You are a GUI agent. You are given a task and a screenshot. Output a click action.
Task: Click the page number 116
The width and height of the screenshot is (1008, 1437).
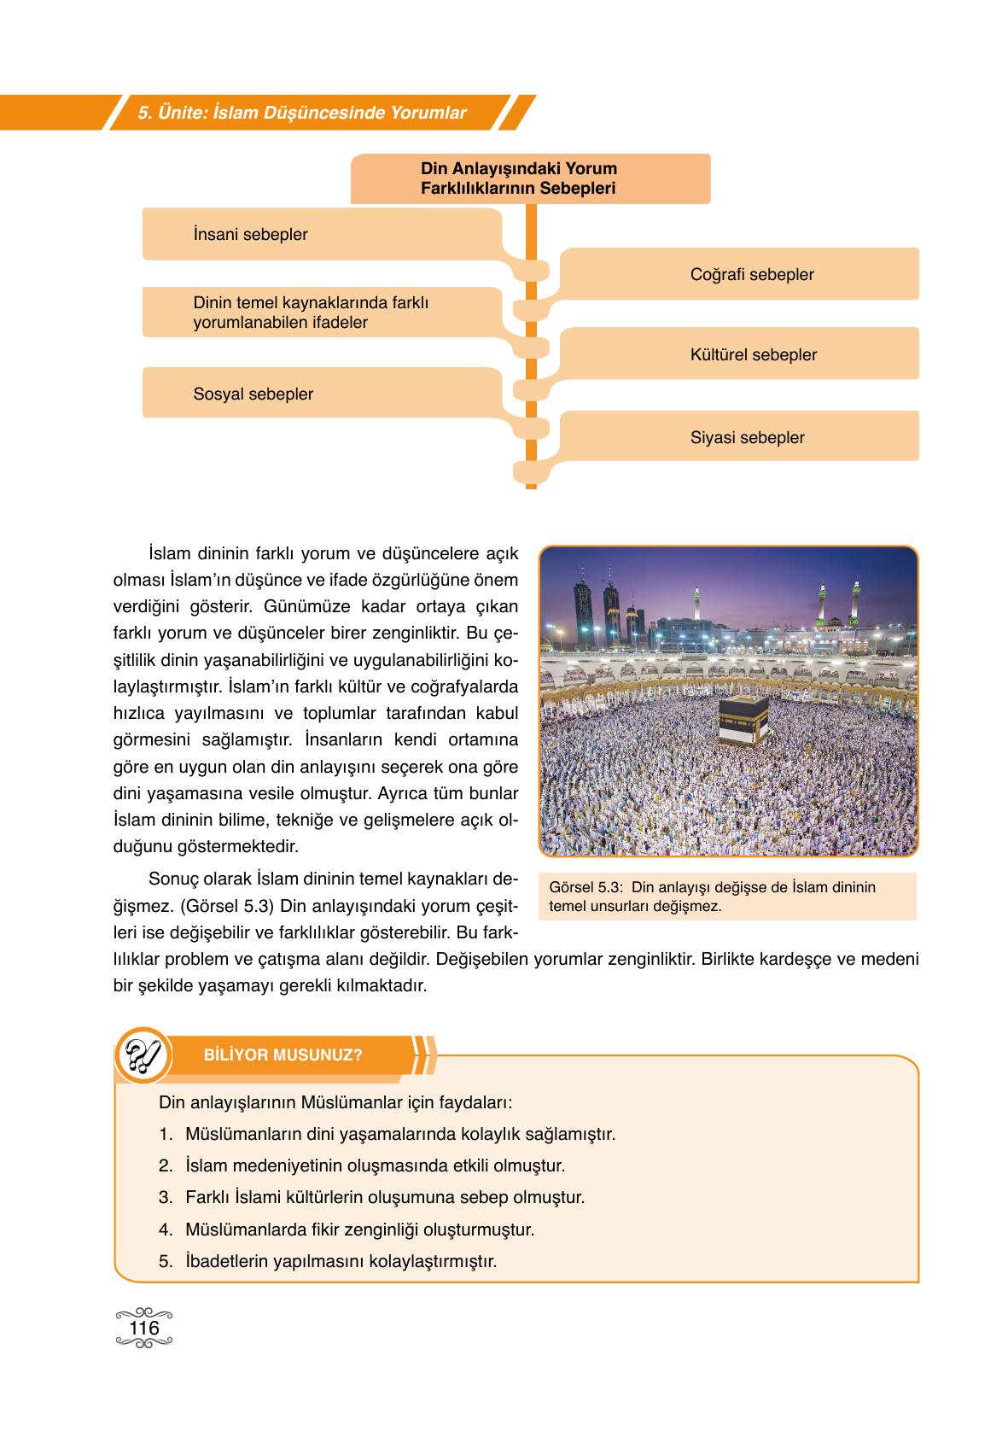(143, 1329)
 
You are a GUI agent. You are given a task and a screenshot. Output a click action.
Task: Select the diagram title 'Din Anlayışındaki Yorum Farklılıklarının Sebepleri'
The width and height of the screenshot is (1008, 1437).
(519, 178)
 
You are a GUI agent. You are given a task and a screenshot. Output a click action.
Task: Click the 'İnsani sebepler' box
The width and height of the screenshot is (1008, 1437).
(250, 234)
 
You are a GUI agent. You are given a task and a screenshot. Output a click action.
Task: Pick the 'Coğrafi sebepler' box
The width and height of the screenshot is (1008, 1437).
(751, 274)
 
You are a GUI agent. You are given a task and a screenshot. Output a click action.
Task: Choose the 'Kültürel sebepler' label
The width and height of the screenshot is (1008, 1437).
(753, 354)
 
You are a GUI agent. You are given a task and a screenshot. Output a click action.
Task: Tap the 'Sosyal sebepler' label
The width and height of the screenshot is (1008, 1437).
(253, 394)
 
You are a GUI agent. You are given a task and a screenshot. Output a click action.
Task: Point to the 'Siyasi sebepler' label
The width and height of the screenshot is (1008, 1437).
(747, 437)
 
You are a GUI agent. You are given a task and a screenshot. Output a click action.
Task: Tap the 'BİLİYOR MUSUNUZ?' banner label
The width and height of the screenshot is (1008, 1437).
(283, 1054)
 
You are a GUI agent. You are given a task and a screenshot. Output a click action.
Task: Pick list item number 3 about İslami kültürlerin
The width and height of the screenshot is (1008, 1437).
(384, 1197)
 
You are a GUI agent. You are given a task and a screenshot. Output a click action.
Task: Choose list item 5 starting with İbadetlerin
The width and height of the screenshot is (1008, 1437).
(340, 1260)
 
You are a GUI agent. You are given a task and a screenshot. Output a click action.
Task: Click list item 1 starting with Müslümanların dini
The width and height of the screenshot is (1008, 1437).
(399, 1134)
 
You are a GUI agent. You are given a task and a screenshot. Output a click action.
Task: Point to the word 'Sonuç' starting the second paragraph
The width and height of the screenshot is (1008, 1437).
(172, 879)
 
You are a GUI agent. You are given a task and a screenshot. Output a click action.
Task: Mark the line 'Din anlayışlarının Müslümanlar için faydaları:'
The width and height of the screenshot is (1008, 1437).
(335, 1101)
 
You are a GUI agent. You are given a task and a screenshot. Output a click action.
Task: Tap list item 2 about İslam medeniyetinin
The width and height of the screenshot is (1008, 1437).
(374, 1165)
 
